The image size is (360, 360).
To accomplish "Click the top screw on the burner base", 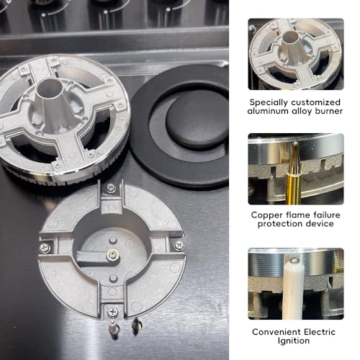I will coord(110,188).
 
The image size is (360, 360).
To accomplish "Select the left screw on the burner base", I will coord(45,248).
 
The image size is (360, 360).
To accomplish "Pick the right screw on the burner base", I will coord(179,246).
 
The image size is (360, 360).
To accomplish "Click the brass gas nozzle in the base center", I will coord(112,253).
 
